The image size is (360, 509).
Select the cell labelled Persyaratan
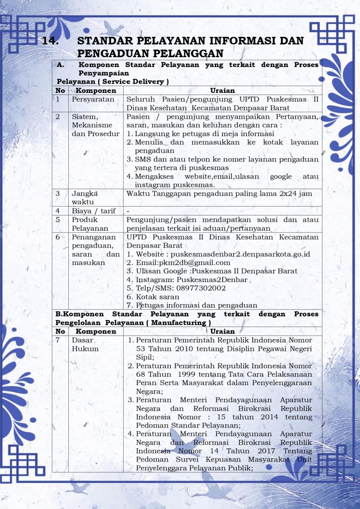pyautogui.click(x=93, y=99)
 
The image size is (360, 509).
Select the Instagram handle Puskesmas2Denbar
pyautogui.click(x=212, y=280)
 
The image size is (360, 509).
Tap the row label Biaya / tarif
pyautogui.click(x=93, y=211)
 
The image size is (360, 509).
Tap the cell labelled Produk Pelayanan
pyautogui.click(x=84, y=224)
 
